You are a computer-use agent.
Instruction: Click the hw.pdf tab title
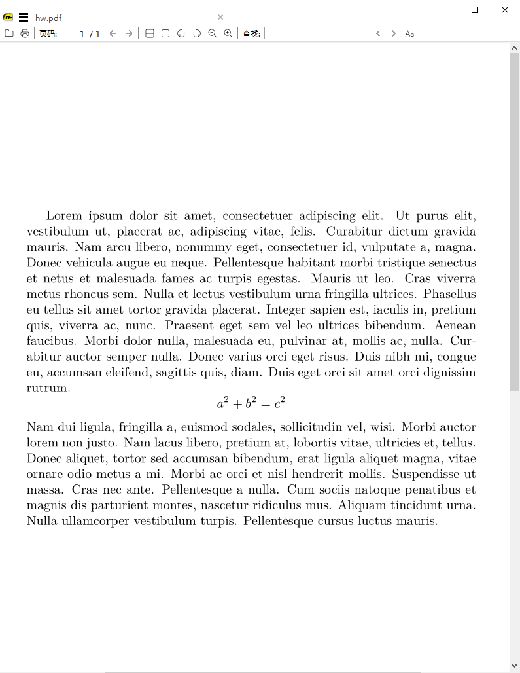click(x=48, y=18)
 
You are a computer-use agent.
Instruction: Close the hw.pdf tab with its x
click(x=220, y=17)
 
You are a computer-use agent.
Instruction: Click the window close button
click(x=504, y=10)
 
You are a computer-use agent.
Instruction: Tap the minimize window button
click(x=445, y=10)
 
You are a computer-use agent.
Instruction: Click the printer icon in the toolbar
click(x=25, y=33)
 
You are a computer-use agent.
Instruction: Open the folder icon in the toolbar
click(x=9, y=33)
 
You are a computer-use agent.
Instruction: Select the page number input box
click(x=75, y=33)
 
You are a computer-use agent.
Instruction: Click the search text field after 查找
click(x=317, y=33)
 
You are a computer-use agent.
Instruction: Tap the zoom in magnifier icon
click(x=228, y=33)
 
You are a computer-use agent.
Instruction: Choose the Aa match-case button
click(x=409, y=33)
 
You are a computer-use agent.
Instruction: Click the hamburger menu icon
click(x=24, y=18)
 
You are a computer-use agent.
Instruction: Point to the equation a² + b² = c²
click(x=251, y=403)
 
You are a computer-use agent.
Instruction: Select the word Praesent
click(x=189, y=325)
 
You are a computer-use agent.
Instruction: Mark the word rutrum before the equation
click(x=48, y=388)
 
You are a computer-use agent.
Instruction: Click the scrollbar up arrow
click(x=514, y=48)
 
